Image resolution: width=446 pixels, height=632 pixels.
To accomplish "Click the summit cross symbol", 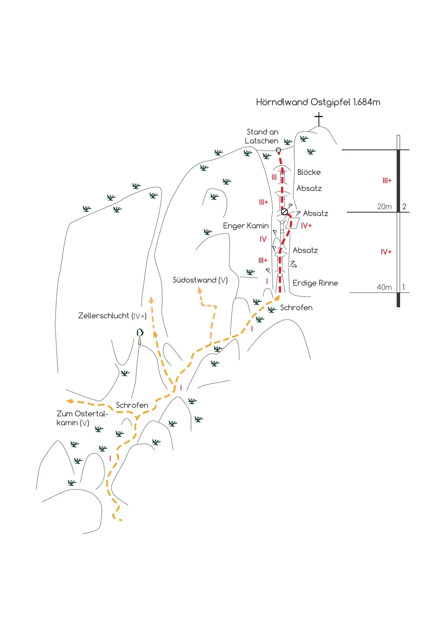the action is point(318,119).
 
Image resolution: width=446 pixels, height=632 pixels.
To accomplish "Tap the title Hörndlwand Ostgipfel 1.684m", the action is point(318,102).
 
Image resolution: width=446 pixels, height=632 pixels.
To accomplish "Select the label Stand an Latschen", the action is point(262,136).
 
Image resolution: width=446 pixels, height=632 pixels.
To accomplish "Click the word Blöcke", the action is point(309,172).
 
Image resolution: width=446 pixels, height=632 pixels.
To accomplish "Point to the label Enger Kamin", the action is point(246,226).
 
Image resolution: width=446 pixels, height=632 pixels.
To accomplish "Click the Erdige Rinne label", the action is point(315,283).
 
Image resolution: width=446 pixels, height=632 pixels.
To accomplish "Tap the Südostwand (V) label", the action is point(200,280).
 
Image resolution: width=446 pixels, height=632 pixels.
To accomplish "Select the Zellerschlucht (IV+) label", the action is point(113,316).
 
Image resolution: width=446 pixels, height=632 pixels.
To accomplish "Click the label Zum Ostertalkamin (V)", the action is point(82,418).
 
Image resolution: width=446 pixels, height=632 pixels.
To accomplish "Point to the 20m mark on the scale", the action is point(384,207).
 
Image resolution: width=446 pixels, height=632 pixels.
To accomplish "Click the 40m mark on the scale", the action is point(384,287).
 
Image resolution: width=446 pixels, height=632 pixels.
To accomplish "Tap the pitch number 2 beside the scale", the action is point(404,207).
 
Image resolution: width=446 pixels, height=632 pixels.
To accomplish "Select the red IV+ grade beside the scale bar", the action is point(386,252).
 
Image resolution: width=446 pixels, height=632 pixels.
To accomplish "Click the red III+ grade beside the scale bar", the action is point(387,180).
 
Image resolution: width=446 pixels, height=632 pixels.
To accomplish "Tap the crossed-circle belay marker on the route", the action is point(284,212).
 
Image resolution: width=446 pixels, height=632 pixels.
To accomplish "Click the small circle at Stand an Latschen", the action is point(278,150).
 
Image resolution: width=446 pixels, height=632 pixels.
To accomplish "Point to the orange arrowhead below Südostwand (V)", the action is point(199,290).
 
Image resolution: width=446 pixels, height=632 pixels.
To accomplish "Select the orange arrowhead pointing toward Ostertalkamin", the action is point(69,401).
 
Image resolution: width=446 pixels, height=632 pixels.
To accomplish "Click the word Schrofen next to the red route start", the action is point(296,308).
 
